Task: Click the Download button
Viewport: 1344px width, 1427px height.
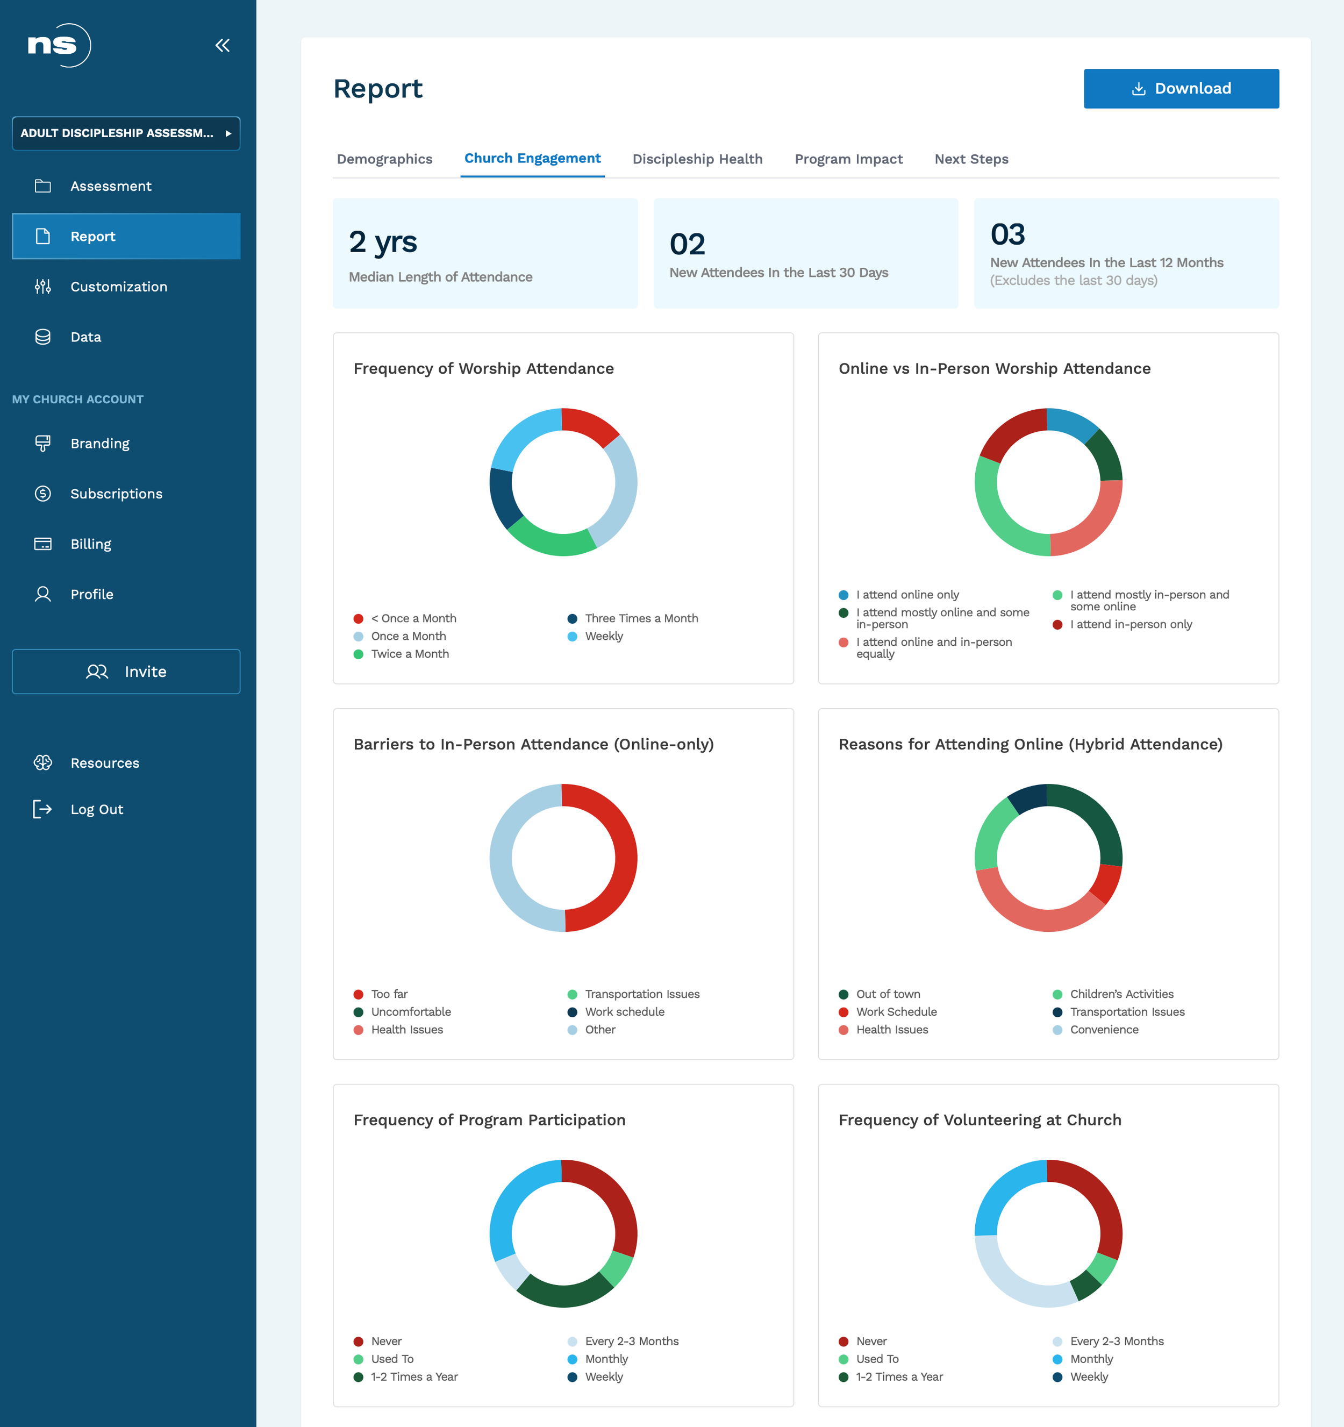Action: pyautogui.click(x=1181, y=88)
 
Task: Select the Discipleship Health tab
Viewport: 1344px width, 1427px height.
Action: pyautogui.click(x=697, y=159)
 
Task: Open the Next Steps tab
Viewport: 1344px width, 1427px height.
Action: pyautogui.click(x=971, y=159)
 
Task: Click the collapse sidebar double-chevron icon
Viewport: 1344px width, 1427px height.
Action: pyautogui.click(x=223, y=45)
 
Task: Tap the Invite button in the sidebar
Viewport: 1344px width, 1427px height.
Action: pyautogui.click(x=126, y=671)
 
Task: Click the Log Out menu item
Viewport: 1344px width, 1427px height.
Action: pyautogui.click(x=97, y=809)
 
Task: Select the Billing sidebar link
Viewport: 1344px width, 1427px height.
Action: pyautogui.click(x=91, y=544)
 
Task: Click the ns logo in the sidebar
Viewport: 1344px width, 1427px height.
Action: pyautogui.click(x=59, y=45)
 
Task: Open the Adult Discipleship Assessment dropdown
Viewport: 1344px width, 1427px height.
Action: pyautogui.click(x=126, y=133)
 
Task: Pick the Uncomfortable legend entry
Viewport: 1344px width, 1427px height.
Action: pyautogui.click(x=403, y=1011)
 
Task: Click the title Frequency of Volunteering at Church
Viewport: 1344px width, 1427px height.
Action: pyautogui.click(x=980, y=1120)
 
